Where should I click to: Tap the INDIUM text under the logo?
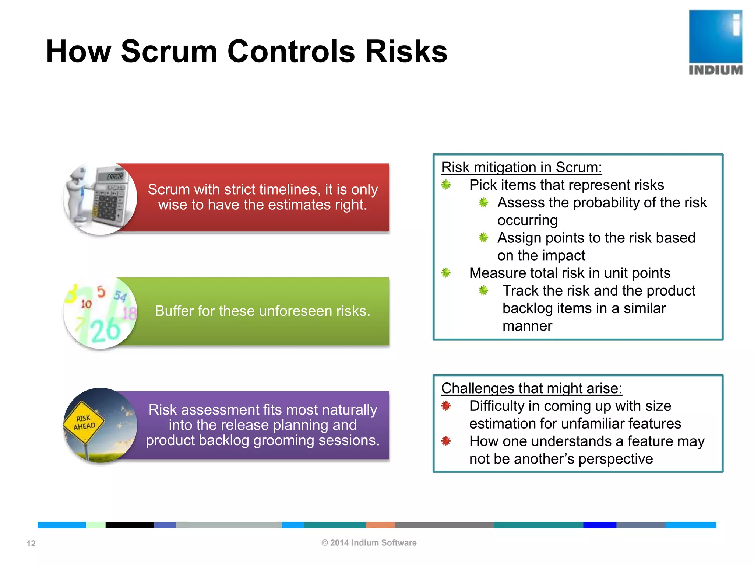(x=715, y=70)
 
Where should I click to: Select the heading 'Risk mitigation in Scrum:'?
(x=521, y=167)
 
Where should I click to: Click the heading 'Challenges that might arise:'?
(x=531, y=388)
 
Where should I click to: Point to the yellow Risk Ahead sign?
(x=84, y=422)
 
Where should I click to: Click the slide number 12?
(x=31, y=543)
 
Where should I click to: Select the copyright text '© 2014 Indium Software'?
(x=369, y=543)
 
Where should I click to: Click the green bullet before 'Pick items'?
(x=446, y=185)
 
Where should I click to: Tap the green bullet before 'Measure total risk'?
(x=446, y=273)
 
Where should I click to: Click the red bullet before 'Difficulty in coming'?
(x=446, y=406)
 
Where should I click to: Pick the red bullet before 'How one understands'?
(x=446, y=441)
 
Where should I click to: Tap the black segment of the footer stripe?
(x=129, y=525)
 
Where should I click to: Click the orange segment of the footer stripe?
(x=380, y=525)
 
